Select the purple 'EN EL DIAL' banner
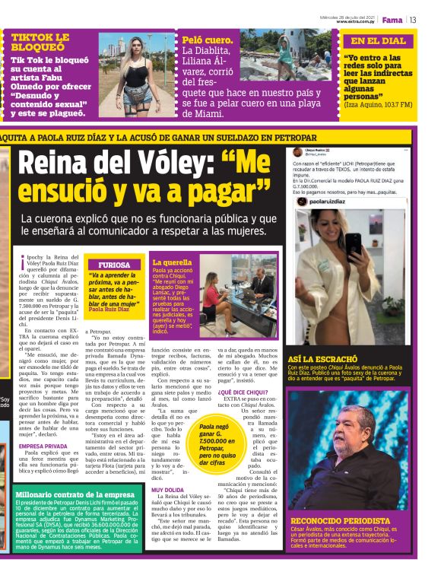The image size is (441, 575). [x=378, y=41]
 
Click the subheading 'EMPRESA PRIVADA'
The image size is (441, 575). [x=43, y=446]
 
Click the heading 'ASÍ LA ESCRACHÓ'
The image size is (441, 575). [x=323, y=358]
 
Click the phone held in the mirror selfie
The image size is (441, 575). [x=352, y=243]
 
